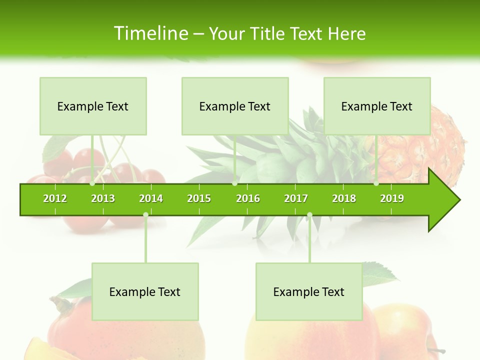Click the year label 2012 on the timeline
pyautogui.click(x=55, y=198)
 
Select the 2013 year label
pyautogui.click(x=103, y=198)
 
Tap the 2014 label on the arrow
pyautogui.click(x=151, y=198)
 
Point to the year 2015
pyautogui.click(x=199, y=198)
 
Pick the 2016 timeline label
pyautogui.click(x=248, y=198)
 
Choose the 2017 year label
pyautogui.click(x=296, y=198)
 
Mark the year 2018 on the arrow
pyautogui.click(x=344, y=198)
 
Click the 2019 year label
pyautogui.click(x=392, y=198)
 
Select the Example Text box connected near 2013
pyautogui.click(x=93, y=106)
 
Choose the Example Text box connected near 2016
pyautogui.click(x=235, y=106)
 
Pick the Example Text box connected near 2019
pyautogui.click(x=377, y=106)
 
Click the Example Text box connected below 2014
pyautogui.click(x=145, y=291)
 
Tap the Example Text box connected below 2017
pyautogui.click(x=309, y=291)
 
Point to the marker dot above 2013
pyautogui.click(x=92, y=183)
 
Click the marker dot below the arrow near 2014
pyautogui.click(x=145, y=214)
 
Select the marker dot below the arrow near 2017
pyautogui.click(x=309, y=214)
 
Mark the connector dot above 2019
pyautogui.click(x=376, y=183)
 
